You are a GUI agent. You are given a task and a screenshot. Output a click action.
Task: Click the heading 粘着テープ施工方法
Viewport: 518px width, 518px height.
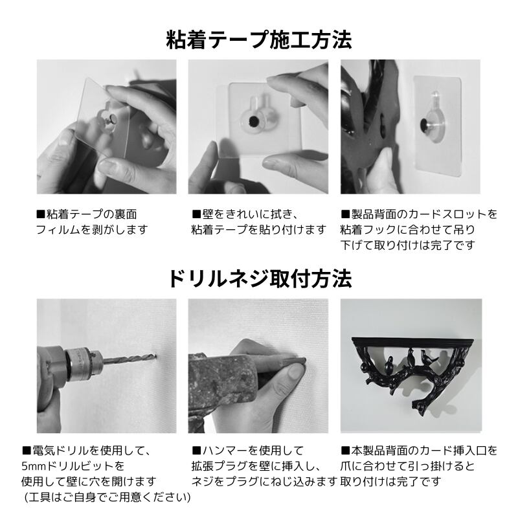259,39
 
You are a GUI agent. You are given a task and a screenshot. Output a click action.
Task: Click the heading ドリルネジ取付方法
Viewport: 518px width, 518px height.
260,278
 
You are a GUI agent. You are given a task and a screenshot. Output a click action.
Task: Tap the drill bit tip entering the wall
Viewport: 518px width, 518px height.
154,356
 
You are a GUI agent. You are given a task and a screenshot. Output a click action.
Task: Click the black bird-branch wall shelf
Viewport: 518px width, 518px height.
412,373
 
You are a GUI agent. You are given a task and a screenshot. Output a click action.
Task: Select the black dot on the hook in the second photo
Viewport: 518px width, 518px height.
254,121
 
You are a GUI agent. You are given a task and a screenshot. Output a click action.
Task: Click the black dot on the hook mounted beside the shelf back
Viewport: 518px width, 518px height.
424,125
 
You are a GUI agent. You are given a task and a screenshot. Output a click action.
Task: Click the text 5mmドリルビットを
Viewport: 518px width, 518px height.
73,466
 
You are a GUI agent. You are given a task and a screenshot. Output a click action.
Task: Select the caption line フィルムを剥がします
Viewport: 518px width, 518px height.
91,229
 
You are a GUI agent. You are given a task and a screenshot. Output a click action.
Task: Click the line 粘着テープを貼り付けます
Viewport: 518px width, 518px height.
258,229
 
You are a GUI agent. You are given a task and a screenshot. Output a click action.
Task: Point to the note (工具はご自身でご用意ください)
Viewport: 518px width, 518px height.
107,497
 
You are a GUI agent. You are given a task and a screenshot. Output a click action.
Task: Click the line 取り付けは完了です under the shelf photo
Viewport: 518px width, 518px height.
391,481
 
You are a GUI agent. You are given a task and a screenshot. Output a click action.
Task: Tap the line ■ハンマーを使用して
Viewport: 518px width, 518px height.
247,450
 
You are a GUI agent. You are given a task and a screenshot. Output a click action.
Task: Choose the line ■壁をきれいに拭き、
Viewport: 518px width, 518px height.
245,214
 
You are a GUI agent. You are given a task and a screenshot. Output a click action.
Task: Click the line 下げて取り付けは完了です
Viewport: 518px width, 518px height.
408,245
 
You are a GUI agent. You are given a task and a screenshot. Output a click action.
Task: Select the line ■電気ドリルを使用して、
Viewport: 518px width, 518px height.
86,450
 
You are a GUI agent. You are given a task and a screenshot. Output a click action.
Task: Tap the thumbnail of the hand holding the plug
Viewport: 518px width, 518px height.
258,366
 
